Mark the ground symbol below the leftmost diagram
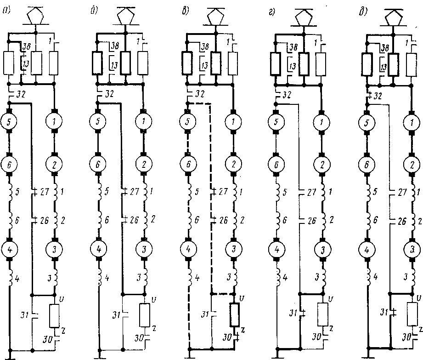click(x=10, y=354)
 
